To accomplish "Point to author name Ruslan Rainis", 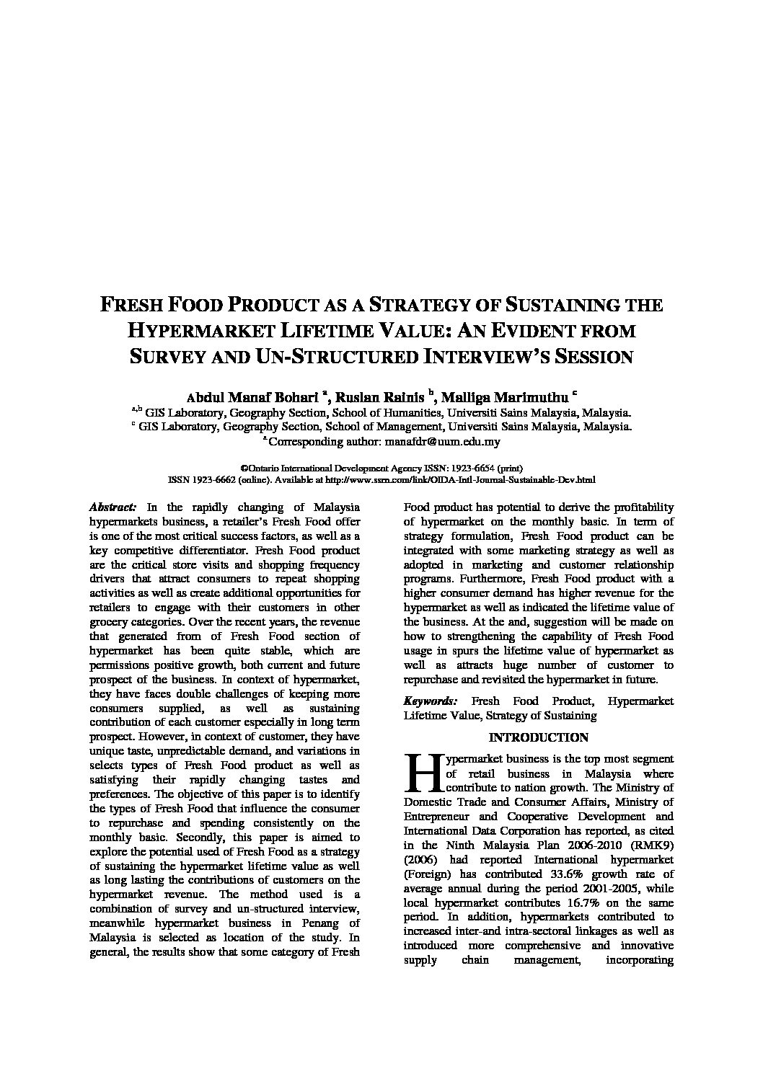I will (381, 397).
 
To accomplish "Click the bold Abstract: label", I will (112, 507).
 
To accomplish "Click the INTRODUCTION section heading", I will (538, 737).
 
